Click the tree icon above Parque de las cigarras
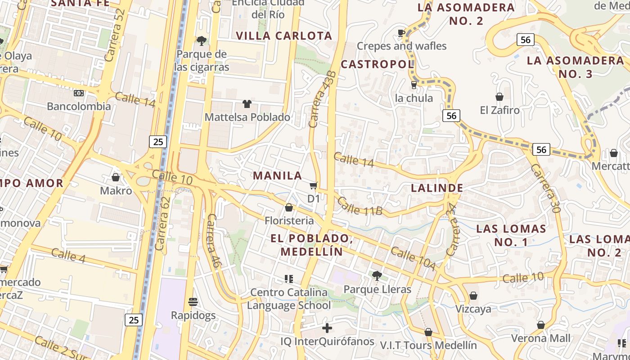[x=202, y=41]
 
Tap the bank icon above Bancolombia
[x=79, y=93]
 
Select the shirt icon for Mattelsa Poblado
[x=247, y=104]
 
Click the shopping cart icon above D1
[x=314, y=185]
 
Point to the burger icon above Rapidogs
[x=193, y=301]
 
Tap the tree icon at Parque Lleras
[x=377, y=275]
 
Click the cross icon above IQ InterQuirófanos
[x=327, y=328]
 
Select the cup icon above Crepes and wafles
[x=401, y=32]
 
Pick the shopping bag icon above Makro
[x=116, y=177]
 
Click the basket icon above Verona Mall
[x=541, y=325]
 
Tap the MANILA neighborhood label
[x=278, y=175]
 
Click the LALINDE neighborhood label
[x=437, y=188]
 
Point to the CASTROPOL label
[x=377, y=64]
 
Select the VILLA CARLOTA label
[x=284, y=36]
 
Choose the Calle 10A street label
[x=413, y=259]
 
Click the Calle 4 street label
[x=68, y=255]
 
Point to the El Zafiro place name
[x=499, y=110]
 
